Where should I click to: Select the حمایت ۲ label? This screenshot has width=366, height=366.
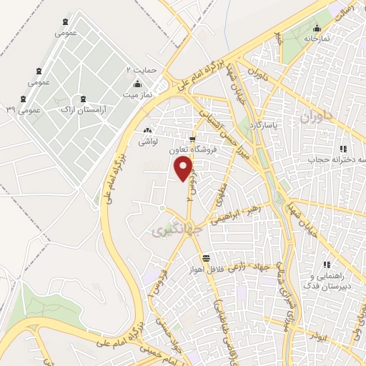141,70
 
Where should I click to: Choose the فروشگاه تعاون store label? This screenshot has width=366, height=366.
192,151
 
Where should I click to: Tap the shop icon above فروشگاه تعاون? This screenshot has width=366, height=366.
192,139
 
